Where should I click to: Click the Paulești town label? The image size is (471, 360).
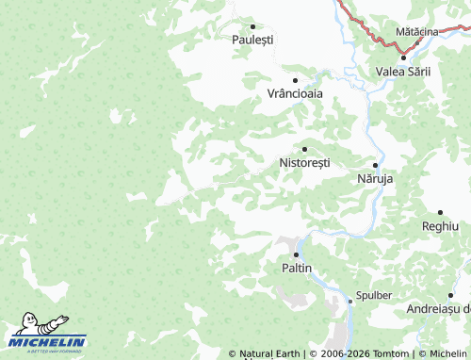[x=252, y=40]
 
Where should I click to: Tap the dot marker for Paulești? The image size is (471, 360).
[x=252, y=25]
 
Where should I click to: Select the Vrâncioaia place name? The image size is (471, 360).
[x=295, y=94]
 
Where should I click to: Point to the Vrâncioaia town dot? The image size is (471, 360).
[x=295, y=80]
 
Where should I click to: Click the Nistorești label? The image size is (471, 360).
[x=305, y=163]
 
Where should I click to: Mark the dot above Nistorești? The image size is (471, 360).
[x=304, y=149]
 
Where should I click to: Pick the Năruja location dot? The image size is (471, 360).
[x=375, y=164]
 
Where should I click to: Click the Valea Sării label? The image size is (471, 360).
[x=402, y=72]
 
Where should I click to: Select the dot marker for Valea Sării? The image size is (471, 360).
[x=403, y=57]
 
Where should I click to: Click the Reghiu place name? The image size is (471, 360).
[x=440, y=226]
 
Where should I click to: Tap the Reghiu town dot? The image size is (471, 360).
[x=440, y=212]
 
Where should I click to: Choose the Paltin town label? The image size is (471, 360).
[x=297, y=269]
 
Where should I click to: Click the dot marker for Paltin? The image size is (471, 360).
[x=297, y=254]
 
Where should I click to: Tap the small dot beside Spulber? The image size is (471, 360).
[x=350, y=301]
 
